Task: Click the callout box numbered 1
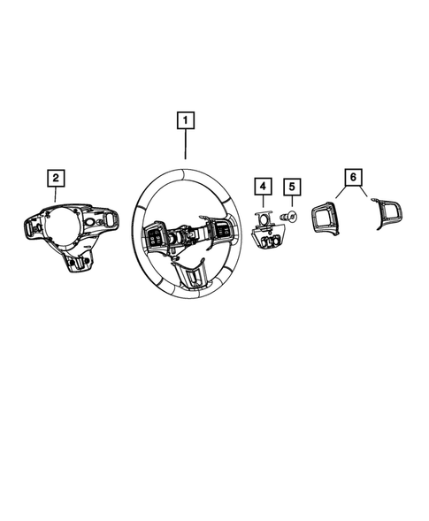coord(186,119)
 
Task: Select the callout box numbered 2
coord(56,179)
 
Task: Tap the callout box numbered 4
coord(263,187)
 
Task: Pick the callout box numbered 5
coord(290,187)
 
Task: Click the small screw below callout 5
coord(288,216)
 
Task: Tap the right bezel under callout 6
coord(386,213)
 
